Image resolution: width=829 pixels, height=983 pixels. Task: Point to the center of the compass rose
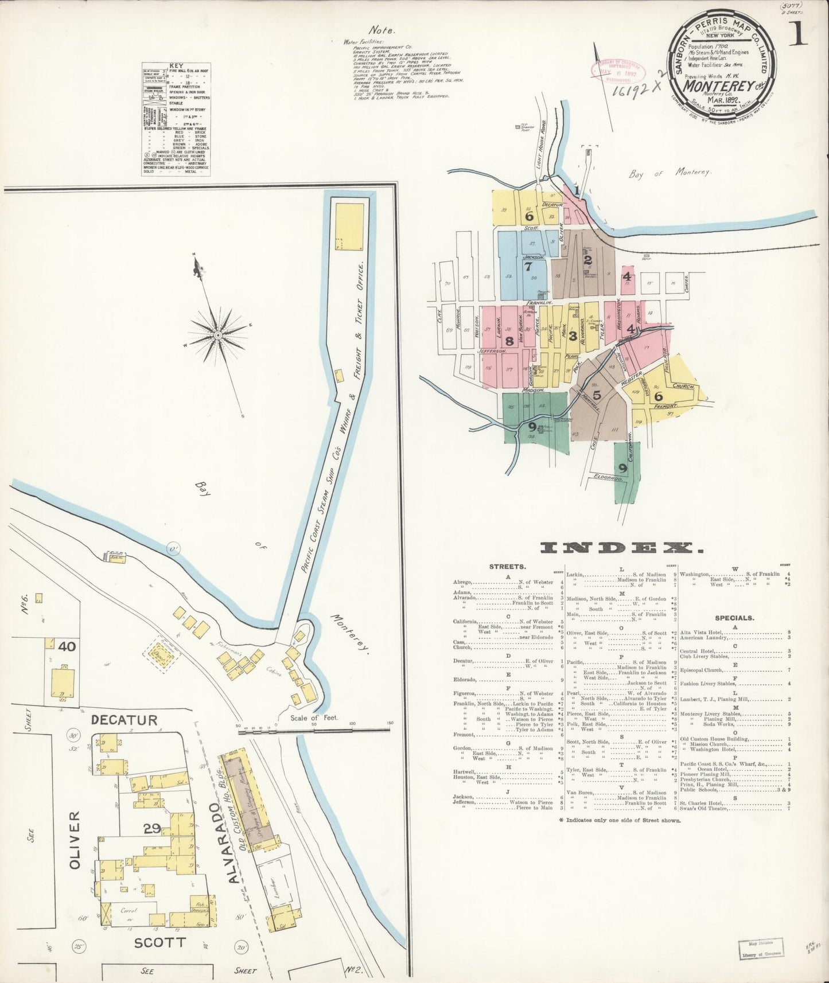[218, 334]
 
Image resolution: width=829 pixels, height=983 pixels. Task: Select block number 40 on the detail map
[67, 646]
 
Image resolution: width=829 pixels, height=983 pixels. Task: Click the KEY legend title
[176, 67]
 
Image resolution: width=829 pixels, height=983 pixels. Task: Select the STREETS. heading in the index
[507, 567]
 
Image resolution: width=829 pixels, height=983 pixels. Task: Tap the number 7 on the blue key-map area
[528, 266]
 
